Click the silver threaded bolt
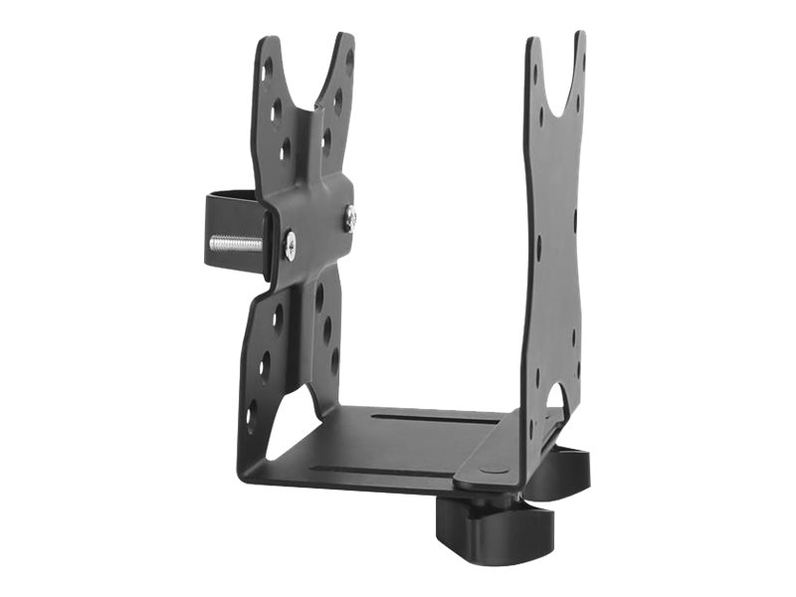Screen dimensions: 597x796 235,244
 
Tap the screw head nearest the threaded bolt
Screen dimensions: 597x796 289,245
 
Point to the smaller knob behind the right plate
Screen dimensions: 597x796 563,467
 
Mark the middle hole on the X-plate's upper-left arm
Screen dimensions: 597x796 276,108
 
